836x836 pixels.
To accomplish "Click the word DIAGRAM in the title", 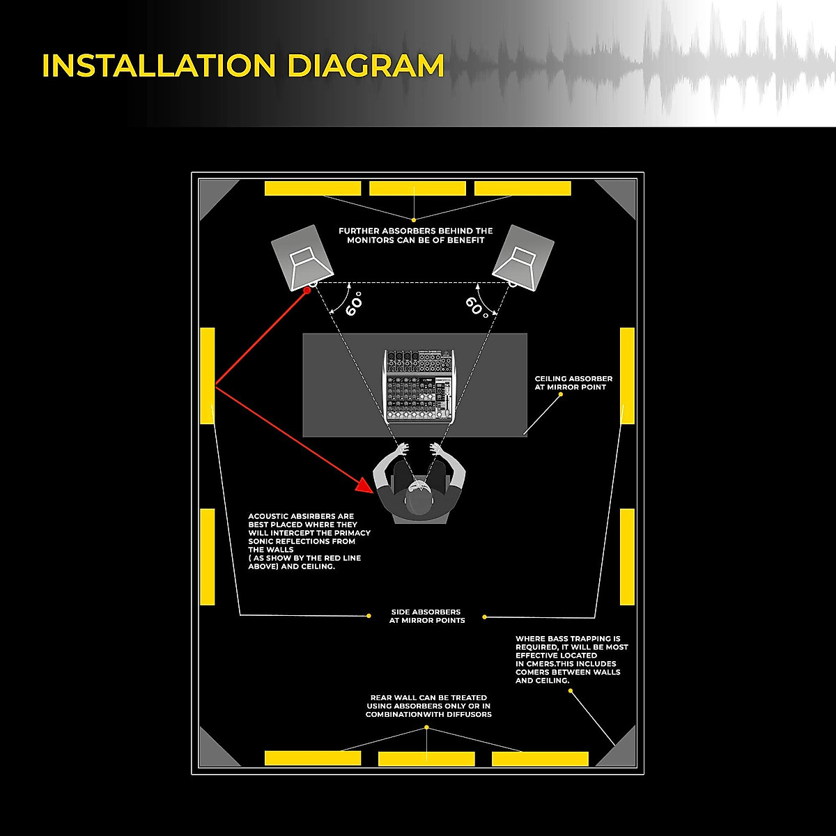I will (x=366, y=65).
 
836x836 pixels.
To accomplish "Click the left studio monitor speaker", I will (x=302, y=257).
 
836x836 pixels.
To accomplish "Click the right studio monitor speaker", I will (x=523, y=257).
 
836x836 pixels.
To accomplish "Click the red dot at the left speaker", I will (x=306, y=291).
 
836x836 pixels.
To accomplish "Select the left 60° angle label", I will (x=354, y=304).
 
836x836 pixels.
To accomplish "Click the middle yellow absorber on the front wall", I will (x=417, y=188).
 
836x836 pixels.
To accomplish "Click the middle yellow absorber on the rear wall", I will (x=426, y=759).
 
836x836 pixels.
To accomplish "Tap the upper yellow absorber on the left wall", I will (x=208, y=376).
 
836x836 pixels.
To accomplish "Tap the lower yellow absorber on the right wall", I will (x=627, y=557).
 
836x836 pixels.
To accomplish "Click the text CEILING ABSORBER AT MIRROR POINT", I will (x=573, y=382).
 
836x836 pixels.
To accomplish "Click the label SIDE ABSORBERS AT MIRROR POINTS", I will (x=426, y=616).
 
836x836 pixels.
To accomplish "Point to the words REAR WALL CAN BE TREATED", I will (x=428, y=697).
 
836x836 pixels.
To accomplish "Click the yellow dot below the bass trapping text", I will (x=571, y=690).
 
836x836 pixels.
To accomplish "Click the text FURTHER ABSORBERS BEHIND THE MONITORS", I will (x=416, y=235).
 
